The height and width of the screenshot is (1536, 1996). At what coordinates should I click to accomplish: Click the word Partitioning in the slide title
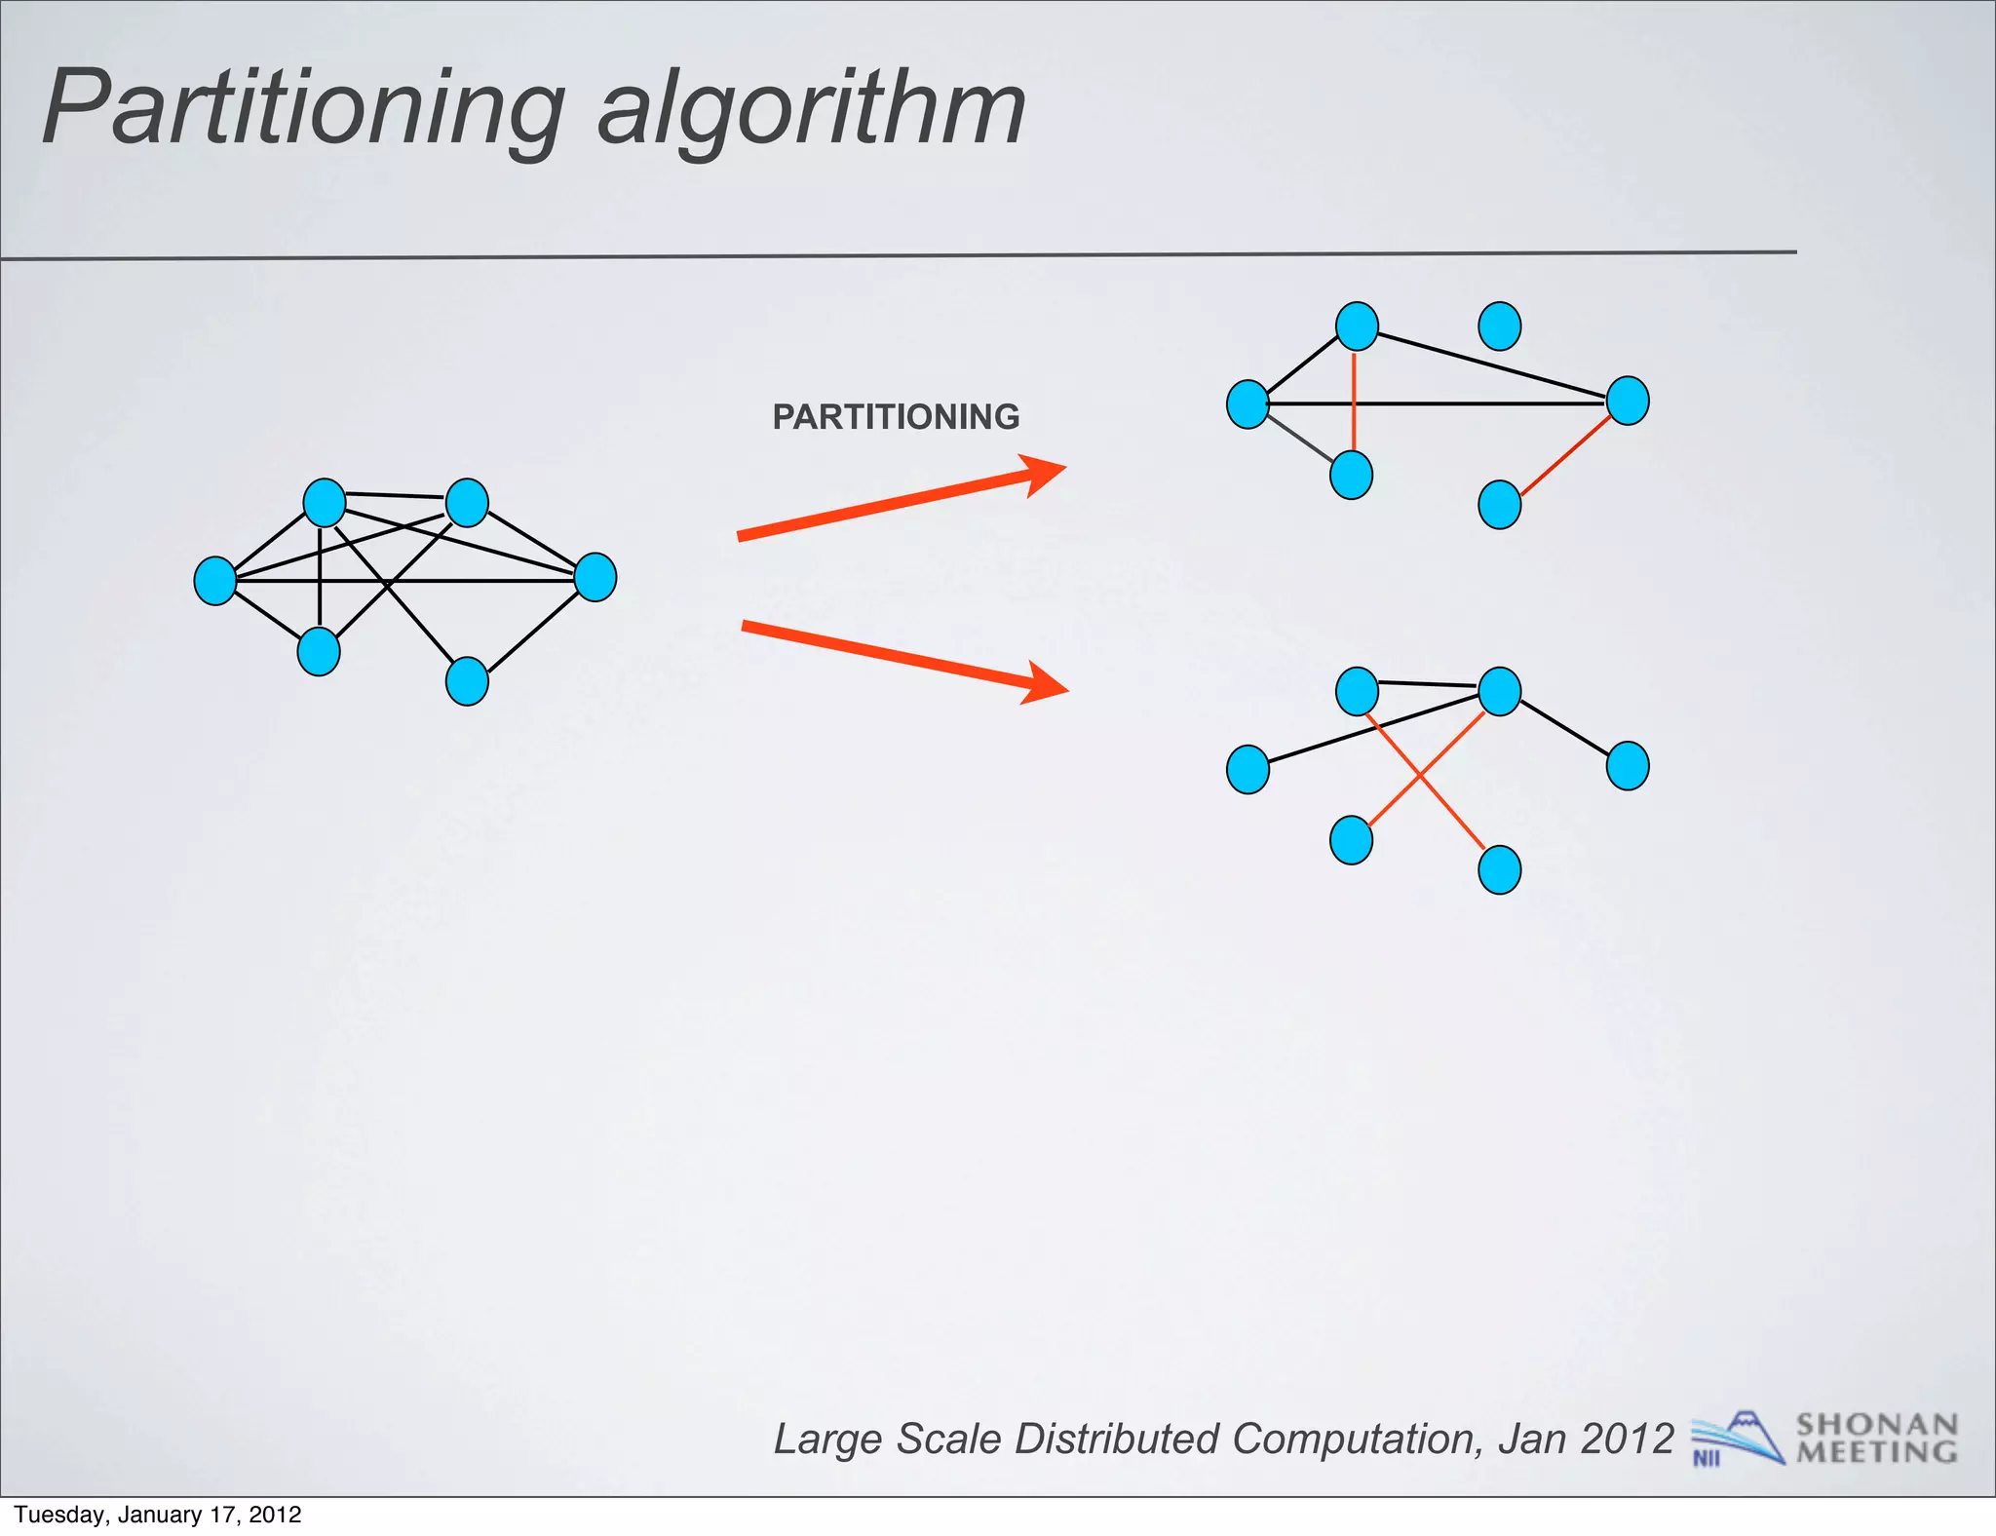302,109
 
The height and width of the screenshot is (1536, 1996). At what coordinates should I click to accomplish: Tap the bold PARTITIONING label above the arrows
896,417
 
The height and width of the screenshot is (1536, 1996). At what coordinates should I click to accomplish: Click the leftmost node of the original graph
215,581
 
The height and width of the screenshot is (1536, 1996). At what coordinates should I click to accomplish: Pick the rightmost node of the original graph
595,577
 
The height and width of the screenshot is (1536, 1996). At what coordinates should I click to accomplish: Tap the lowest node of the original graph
467,681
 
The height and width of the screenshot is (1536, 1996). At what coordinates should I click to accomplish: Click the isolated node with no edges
1500,326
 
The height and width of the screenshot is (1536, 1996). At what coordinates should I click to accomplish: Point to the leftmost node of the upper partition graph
1247,404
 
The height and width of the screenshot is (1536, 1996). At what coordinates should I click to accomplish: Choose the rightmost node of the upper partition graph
1628,401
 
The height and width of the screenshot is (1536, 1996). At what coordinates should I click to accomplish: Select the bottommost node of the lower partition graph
1500,869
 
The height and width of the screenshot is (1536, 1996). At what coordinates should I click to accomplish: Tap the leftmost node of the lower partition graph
1247,769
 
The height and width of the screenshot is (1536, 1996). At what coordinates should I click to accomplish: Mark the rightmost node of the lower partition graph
1628,765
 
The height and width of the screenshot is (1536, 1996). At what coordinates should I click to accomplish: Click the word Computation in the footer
1356,1439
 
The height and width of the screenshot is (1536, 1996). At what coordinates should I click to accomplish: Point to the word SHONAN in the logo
1876,1425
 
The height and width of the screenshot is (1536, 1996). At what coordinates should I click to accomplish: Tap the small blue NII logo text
1707,1459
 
